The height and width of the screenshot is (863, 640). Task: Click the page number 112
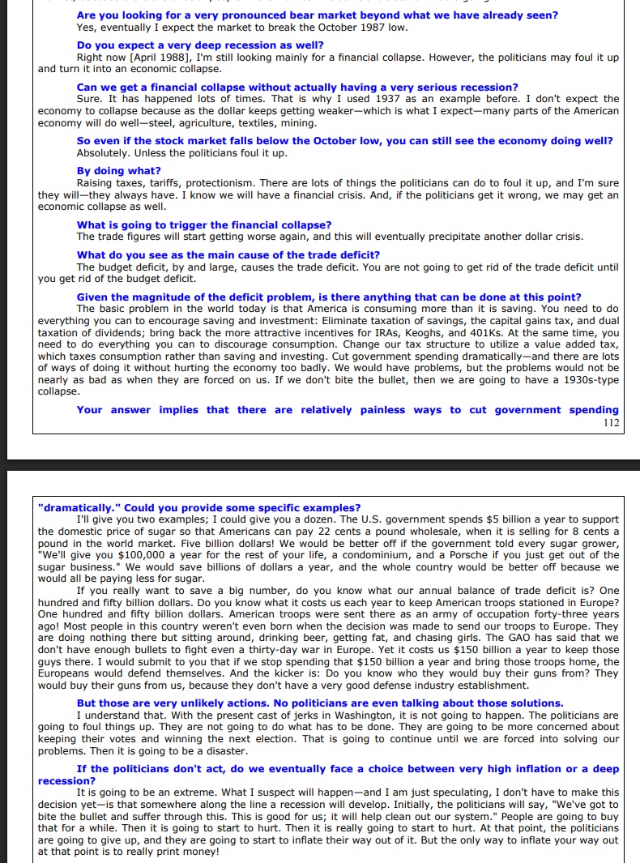point(611,422)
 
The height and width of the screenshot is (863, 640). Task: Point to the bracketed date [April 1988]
point(159,58)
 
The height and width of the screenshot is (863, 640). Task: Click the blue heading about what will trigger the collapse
point(204,224)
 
